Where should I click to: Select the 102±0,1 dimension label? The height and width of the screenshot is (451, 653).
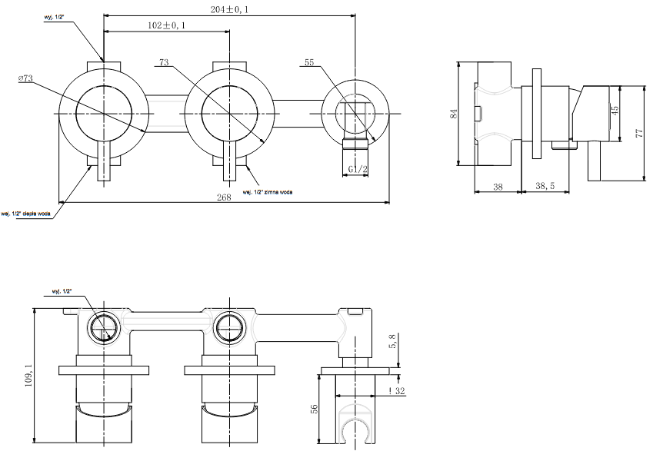point(165,25)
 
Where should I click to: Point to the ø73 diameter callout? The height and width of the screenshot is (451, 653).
point(27,78)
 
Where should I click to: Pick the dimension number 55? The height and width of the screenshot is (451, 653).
point(310,62)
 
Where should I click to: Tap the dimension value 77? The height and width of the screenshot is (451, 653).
point(639,133)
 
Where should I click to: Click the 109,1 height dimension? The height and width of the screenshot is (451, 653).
point(28,376)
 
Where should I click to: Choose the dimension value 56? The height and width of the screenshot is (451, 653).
point(313,410)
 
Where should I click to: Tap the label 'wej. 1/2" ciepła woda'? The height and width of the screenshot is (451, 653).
point(27,214)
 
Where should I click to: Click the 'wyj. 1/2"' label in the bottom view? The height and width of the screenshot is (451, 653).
point(62,292)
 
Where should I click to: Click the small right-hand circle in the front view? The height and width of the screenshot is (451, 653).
point(355,112)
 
